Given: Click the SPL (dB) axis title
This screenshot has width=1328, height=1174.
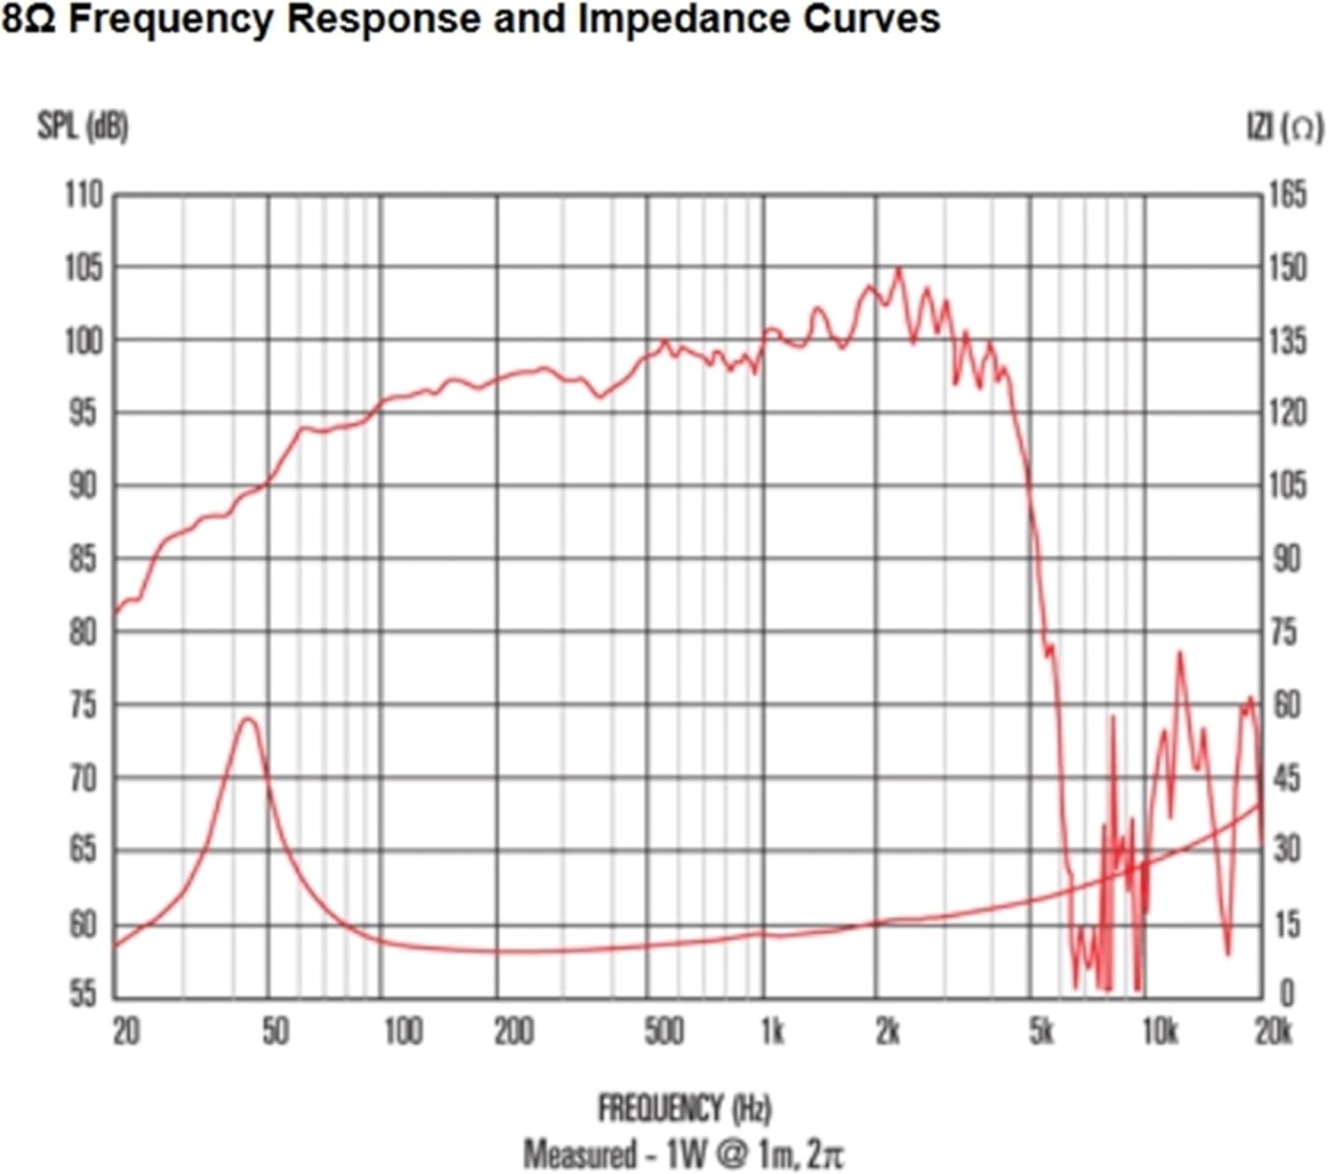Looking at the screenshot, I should pos(82,127).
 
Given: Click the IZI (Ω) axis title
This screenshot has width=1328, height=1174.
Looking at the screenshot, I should pos(1286,127).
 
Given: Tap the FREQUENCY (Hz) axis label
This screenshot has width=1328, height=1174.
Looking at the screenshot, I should pos(684,1108).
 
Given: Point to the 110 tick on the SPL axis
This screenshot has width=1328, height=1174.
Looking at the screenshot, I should pos(83,195).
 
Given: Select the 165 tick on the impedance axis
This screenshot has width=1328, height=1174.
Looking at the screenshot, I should pos(1288,195).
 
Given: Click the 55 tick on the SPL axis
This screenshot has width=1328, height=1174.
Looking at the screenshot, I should pos(83,994).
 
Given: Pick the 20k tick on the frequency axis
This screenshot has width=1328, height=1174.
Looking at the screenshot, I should pos(1273,1031).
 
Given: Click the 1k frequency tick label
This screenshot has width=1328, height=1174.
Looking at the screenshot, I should pos(772,1031).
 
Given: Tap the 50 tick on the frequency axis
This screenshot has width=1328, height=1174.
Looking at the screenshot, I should pos(275,1031).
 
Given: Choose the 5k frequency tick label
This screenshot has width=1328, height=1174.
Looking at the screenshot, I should pos(1042,1031).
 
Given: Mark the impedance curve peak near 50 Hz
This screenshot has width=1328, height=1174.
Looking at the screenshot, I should pos(248,719).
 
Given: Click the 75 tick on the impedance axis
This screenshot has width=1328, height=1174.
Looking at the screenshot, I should pos(1285,632).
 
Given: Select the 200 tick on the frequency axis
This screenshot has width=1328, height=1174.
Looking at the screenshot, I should pos(513,1031).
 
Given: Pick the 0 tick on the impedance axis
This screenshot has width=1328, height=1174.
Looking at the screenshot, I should pos(1286,994).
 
